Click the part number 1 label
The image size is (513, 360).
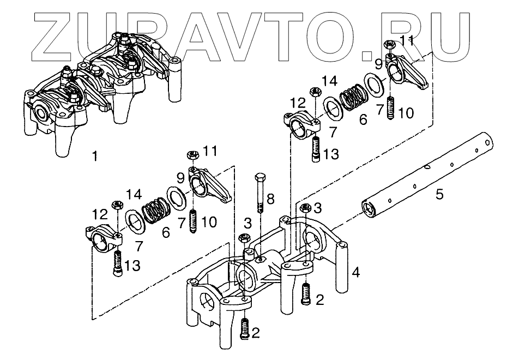click(95, 157)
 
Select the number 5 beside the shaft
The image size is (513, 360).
click(439, 193)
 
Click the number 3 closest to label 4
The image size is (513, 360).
click(318, 207)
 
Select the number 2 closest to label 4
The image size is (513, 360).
click(320, 299)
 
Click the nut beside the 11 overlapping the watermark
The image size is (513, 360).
click(389, 44)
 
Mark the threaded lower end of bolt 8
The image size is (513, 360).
click(261, 207)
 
